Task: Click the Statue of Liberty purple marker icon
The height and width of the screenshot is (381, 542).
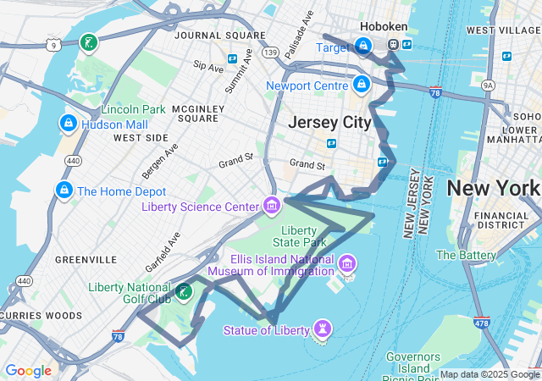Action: point(322,329)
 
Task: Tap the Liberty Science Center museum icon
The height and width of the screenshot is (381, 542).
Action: point(271,205)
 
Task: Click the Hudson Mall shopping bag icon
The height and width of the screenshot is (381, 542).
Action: point(66,124)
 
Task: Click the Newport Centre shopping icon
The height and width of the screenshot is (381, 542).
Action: point(362,85)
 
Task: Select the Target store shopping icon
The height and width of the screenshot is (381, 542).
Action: point(362,47)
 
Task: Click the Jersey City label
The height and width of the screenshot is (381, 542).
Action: point(329,123)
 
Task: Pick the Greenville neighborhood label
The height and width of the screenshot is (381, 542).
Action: point(86,258)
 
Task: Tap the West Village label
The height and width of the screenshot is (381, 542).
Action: point(504,30)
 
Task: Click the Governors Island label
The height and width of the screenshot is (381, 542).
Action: point(412,362)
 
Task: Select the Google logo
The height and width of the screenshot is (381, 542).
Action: point(28,370)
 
